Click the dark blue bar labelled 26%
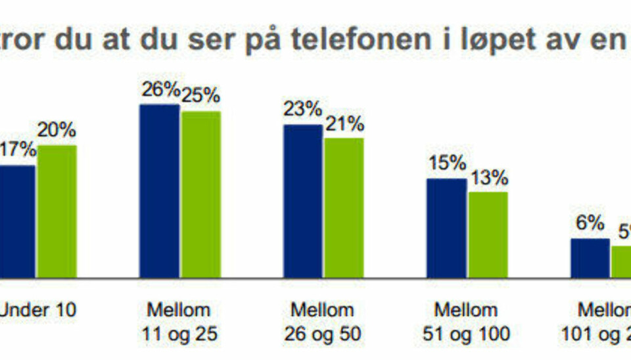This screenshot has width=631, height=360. (x=159, y=191)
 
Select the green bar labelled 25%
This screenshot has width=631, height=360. (x=201, y=194)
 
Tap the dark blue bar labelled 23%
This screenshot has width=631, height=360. (x=303, y=201)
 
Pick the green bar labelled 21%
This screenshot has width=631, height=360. (x=343, y=208)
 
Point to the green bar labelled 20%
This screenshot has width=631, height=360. (x=57, y=211)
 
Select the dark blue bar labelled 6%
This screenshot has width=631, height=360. (x=590, y=258)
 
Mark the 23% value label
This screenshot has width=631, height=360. (x=303, y=109)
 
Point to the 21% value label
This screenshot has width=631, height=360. (x=343, y=124)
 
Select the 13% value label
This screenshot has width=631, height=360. (x=488, y=177)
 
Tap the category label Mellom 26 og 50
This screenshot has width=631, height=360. (x=323, y=322)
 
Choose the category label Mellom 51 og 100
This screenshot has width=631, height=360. (x=467, y=322)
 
